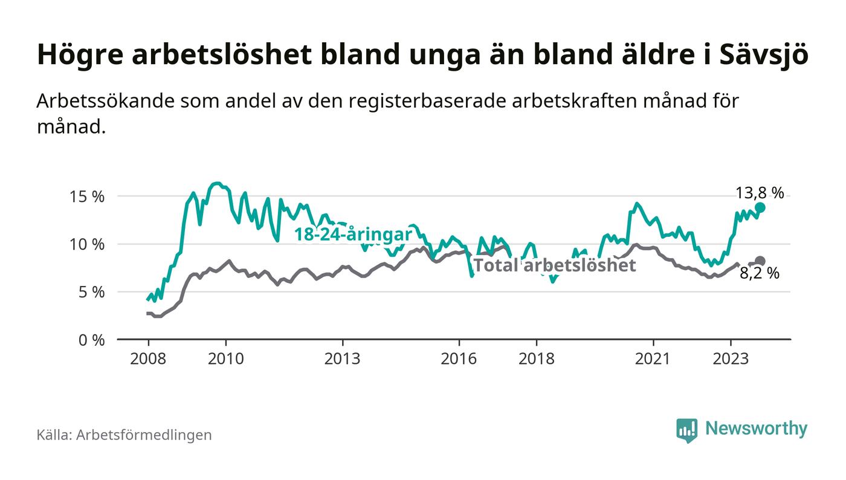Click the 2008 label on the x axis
click(148, 358)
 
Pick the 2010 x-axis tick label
click(225, 358)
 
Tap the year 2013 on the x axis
click(342, 358)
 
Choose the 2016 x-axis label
click(459, 358)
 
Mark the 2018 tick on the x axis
click(537, 358)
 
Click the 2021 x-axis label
click(653, 358)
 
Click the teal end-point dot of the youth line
click(760, 207)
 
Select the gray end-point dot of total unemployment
click(760, 261)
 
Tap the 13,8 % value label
click(760, 193)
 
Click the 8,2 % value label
click(760, 273)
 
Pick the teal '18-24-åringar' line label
click(353, 235)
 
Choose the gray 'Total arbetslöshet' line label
click(554, 265)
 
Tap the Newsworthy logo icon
click(686, 430)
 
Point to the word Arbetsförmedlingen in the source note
click(144, 435)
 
